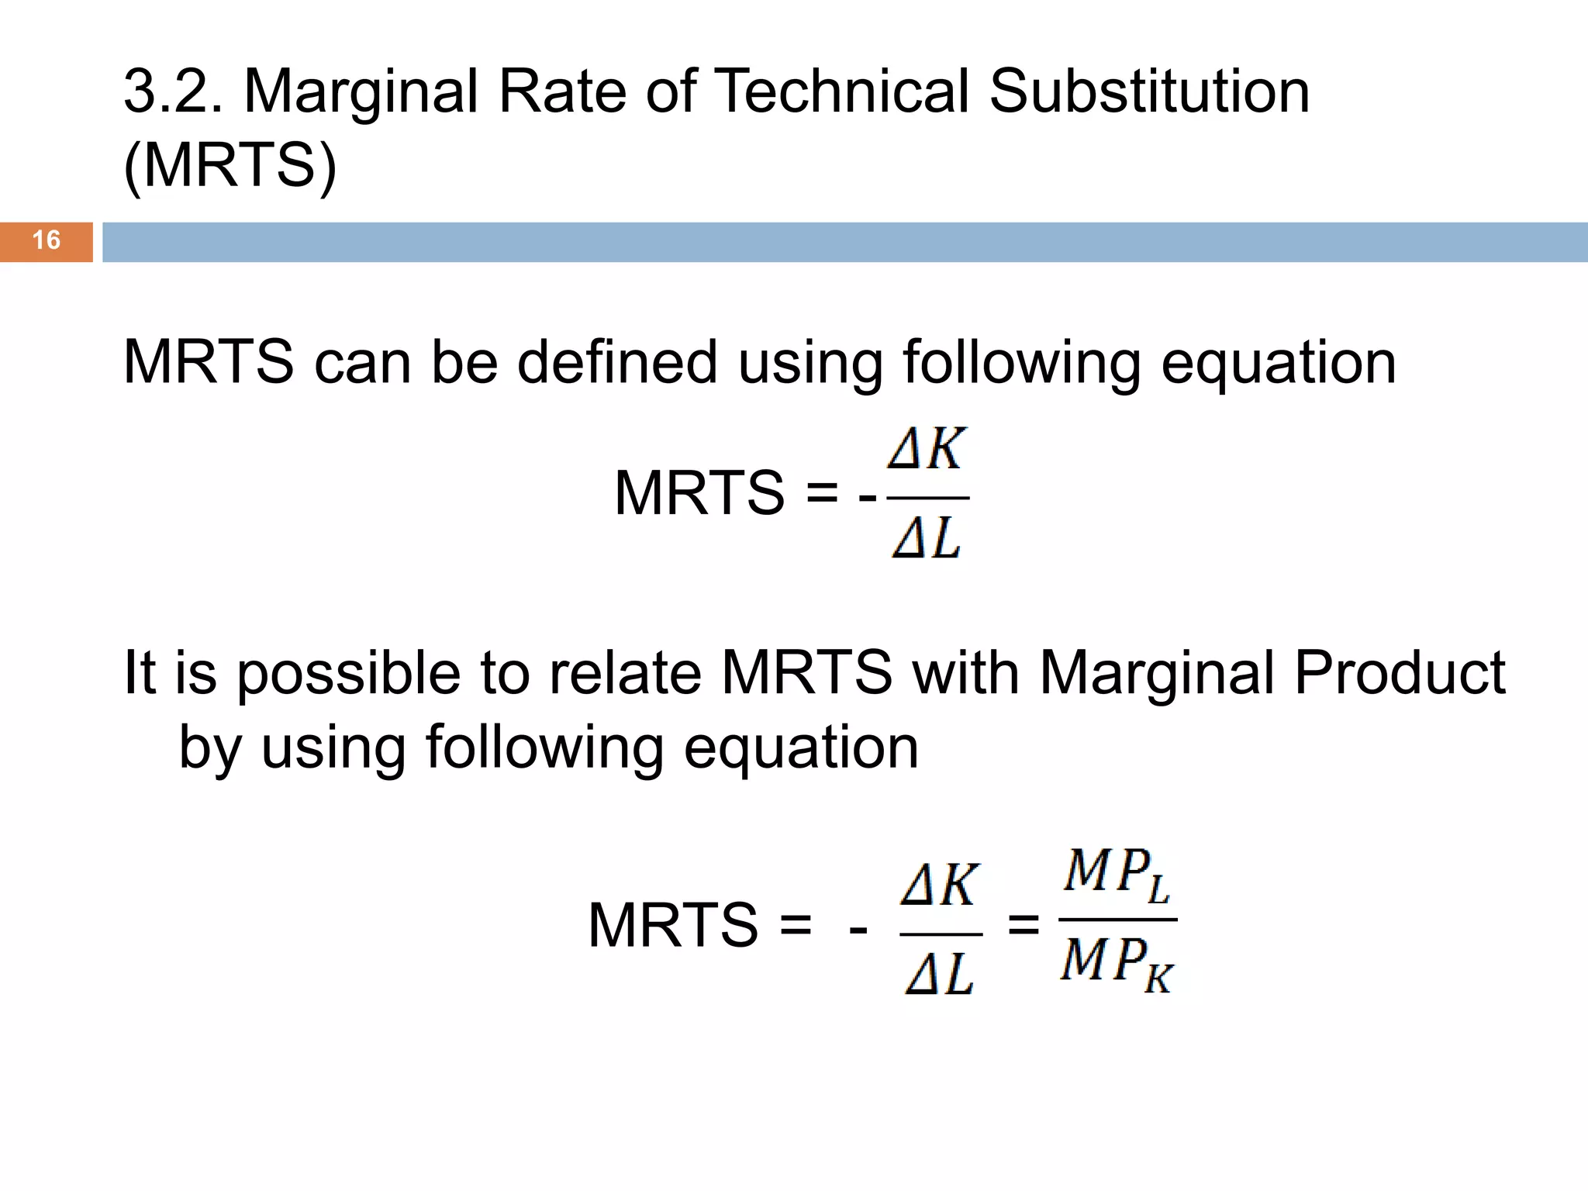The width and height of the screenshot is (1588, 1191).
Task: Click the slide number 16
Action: [47, 240]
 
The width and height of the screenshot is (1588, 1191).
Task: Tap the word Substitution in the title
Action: [1149, 91]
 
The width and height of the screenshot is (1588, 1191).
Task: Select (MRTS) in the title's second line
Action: [230, 164]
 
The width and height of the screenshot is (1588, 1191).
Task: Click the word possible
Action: [348, 672]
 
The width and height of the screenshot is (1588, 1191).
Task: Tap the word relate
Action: [625, 672]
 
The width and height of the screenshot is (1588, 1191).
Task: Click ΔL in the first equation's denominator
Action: [927, 537]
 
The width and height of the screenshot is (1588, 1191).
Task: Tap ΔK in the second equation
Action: [940, 885]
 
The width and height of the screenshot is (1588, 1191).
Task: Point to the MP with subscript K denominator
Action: [1117, 964]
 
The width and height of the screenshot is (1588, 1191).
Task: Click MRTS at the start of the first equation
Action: [699, 493]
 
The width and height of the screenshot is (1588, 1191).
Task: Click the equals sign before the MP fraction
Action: [1023, 924]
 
